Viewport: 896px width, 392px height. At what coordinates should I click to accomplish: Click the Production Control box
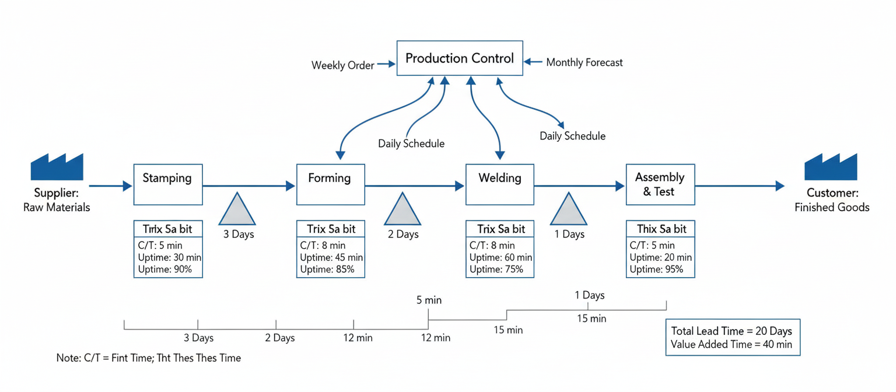point(460,58)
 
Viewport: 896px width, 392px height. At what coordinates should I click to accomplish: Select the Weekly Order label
point(342,65)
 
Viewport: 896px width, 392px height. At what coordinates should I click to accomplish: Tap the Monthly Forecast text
point(584,62)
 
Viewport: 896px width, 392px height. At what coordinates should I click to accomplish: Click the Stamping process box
point(168,184)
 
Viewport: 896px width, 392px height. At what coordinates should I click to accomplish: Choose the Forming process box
point(330,184)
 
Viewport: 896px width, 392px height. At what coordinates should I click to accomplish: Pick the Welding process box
point(499,184)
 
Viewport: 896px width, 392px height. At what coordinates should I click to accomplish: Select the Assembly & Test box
point(660,184)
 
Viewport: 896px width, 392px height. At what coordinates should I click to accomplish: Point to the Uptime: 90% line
point(165,270)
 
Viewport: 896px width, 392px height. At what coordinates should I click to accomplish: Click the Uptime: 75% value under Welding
point(496,269)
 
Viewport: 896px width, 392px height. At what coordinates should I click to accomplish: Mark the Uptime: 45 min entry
point(331,257)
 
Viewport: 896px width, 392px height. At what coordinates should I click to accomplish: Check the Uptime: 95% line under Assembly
point(656,269)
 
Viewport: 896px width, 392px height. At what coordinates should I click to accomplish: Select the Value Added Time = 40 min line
point(731,345)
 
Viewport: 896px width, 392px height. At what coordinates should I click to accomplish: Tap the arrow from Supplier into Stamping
point(111,186)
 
